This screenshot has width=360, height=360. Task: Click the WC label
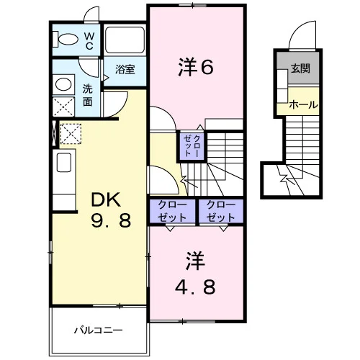coord(89,41)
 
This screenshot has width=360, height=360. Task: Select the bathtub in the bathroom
coord(125,40)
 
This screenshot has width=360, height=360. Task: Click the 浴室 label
coord(125,69)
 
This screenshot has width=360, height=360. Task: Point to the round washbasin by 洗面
coord(63,84)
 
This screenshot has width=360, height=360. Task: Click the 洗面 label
coord(88,96)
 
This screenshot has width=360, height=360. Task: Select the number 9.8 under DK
coord(111,220)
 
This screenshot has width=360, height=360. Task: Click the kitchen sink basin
coord(64,163)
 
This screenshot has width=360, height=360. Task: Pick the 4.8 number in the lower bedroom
coord(195,287)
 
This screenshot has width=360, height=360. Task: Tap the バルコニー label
coord(98,330)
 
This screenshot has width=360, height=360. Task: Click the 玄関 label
coord(300,68)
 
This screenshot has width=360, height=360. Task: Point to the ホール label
coord(303,104)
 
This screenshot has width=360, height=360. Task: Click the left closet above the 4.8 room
coord(172,212)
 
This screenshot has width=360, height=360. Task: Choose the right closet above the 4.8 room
coord(221,212)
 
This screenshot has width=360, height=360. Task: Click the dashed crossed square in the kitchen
coord(71,133)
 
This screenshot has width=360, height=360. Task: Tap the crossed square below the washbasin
coord(63,107)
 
